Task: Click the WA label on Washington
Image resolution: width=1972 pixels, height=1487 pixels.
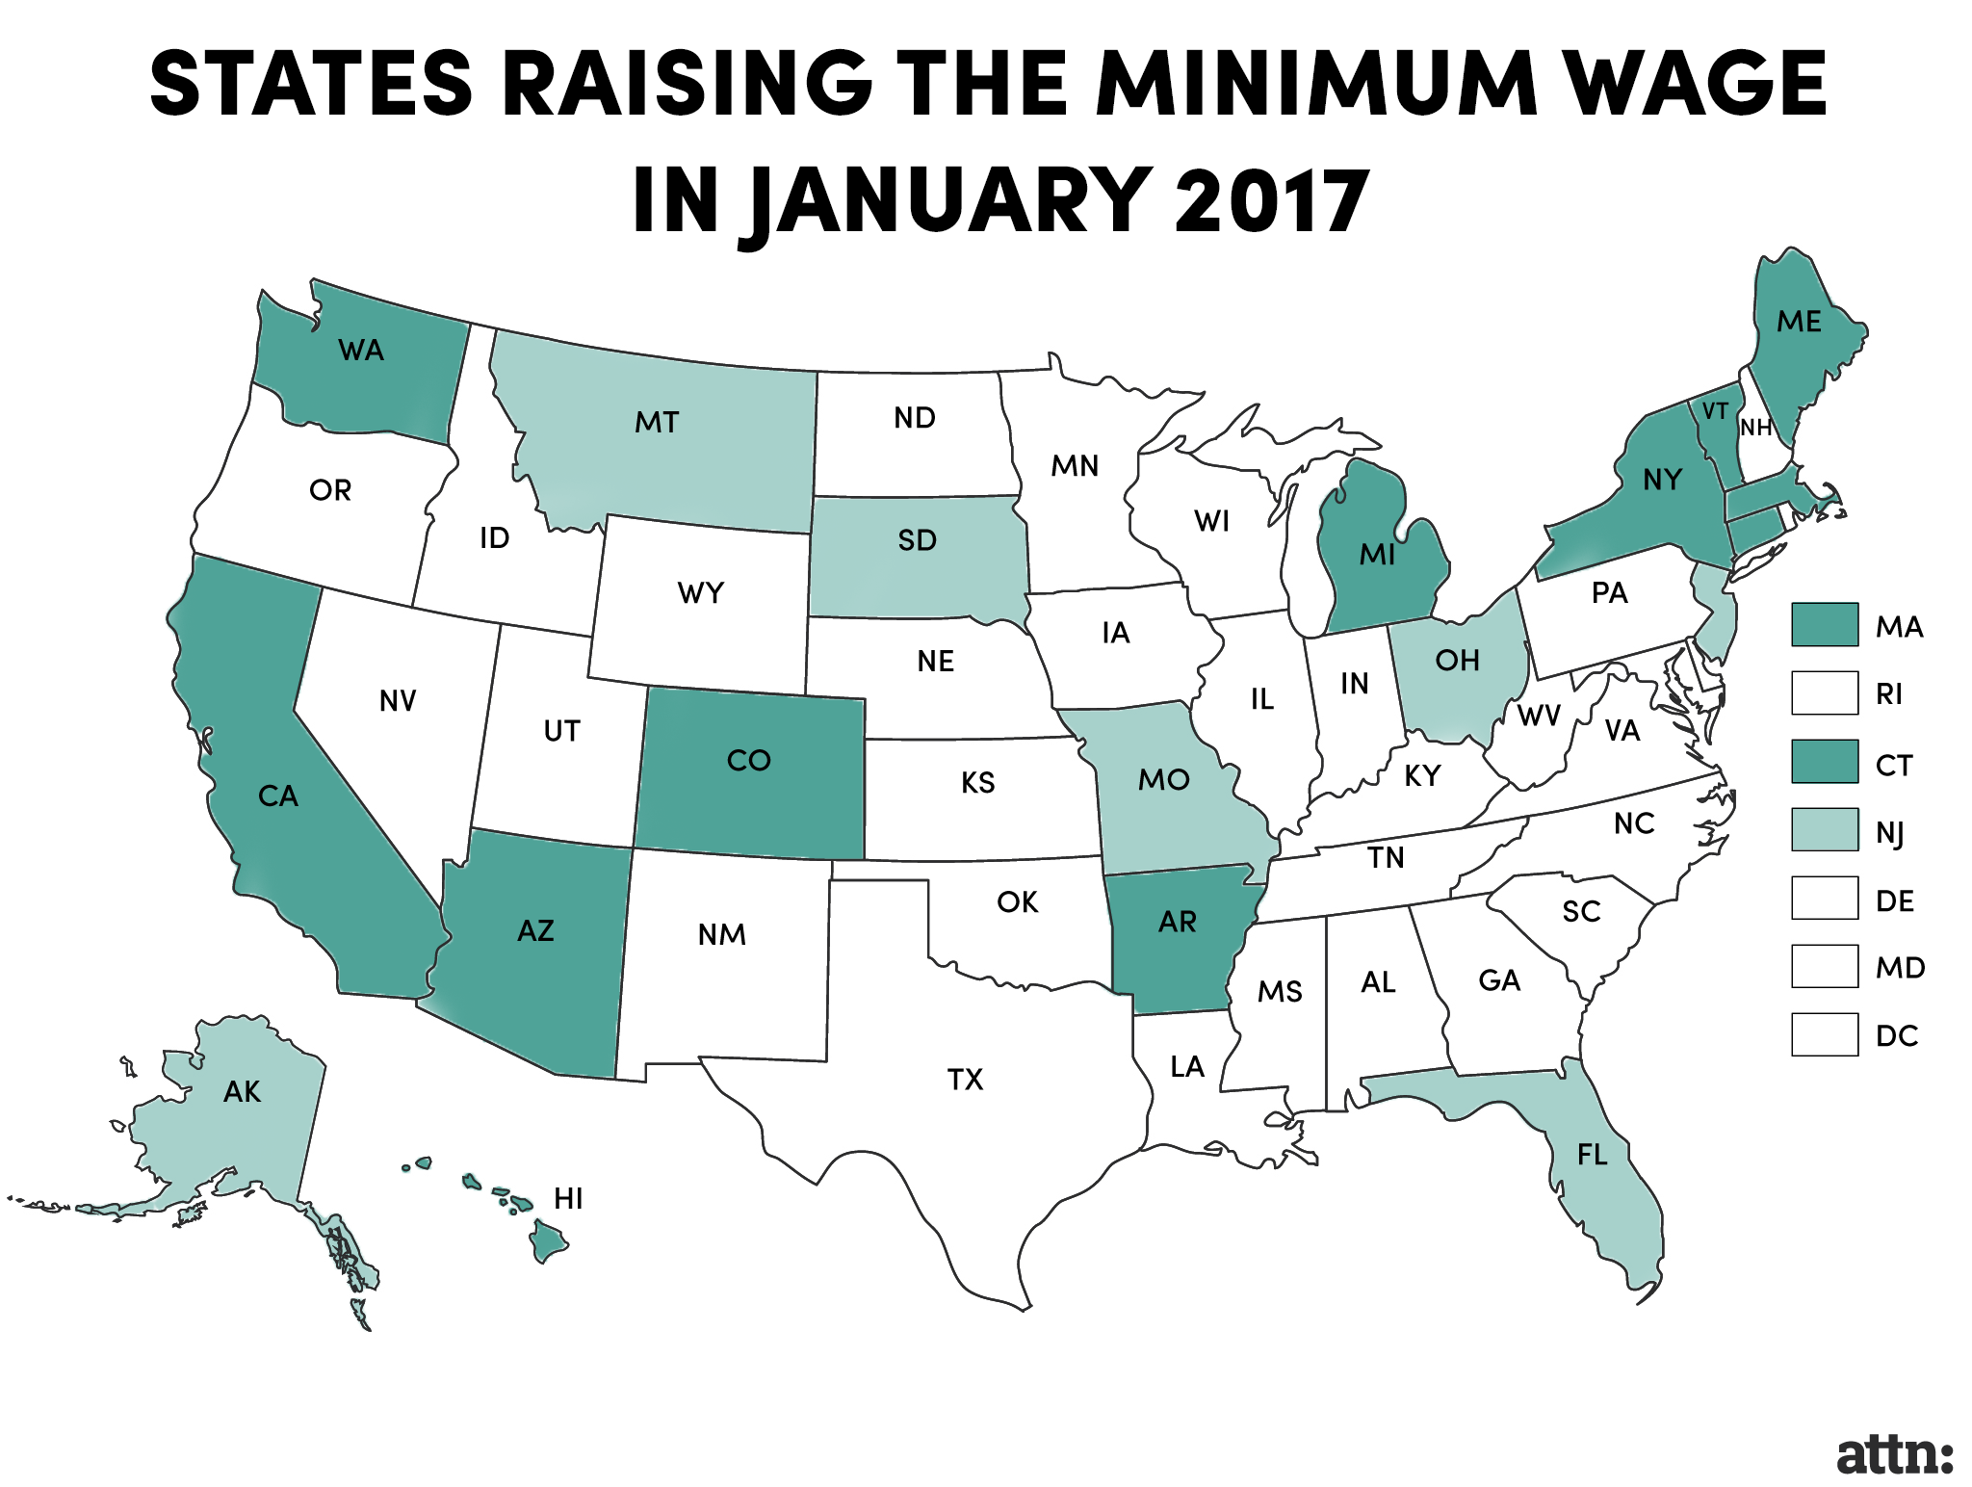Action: [x=361, y=351]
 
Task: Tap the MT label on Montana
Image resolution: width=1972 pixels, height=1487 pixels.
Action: [x=657, y=422]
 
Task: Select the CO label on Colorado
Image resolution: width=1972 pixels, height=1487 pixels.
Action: [x=748, y=761]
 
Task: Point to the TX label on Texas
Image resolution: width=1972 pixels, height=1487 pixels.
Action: [x=965, y=1080]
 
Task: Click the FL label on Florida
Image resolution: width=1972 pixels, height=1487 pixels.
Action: [x=1593, y=1155]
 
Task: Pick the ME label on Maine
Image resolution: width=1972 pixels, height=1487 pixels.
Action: [x=1799, y=322]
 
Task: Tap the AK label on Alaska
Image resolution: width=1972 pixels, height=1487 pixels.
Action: [x=242, y=1092]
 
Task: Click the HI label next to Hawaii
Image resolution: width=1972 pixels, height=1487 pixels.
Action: [x=568, y=1198]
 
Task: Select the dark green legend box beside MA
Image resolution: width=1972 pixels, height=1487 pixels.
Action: [x=1824, y=625]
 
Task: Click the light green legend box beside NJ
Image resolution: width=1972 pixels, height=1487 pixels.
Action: [x=1824, y=829]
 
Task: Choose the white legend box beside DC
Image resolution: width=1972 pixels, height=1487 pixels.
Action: [x=1824, y=1034]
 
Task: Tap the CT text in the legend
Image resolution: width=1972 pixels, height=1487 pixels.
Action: [x=1894, y=766]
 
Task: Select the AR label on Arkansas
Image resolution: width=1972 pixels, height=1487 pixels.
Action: [x=1177, y=923]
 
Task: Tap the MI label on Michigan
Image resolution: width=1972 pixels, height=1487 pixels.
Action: [x=1377, y=555]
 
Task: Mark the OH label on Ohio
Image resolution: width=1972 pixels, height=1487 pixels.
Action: [x=1457, y=661]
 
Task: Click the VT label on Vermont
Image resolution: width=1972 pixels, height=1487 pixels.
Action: [x=1714, y=411]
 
